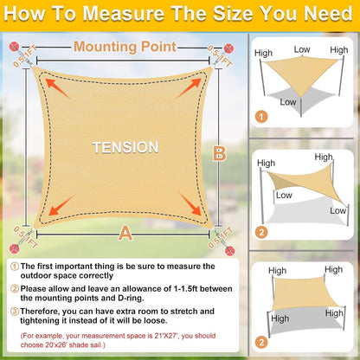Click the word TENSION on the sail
point(125,148)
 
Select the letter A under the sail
point(125,233)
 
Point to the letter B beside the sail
point(219,154)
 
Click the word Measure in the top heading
point(127,15)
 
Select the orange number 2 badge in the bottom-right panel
point(260,344)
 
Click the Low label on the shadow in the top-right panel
point(289,102)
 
